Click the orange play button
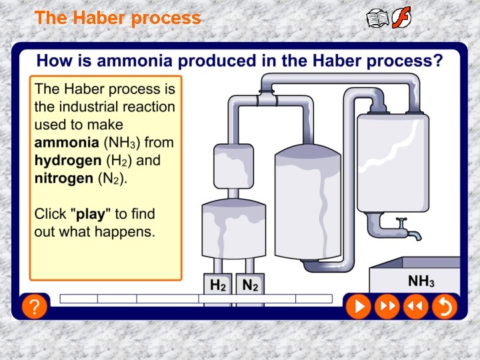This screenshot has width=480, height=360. [x=358, y=306]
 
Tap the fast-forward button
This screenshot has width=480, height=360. [x=387, y=306]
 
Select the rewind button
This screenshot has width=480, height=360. [x=415, y=306]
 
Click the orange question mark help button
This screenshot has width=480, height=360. [x=34, y=307]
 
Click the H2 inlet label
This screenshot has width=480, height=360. [x=218, y=285]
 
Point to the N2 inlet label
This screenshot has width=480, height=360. [x=250, y=285]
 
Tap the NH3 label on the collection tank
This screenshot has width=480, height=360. [x=421, y=281]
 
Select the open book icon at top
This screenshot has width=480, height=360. [x=378, y=18]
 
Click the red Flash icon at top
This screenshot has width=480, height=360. [x=401, y=18]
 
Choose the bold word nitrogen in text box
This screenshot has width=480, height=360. [x=63, y=179]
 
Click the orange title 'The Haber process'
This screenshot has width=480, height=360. [x=117, y=18]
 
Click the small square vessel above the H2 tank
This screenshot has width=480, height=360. [x=231, y=165]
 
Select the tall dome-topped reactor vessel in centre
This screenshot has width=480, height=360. [x=308, y=200]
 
